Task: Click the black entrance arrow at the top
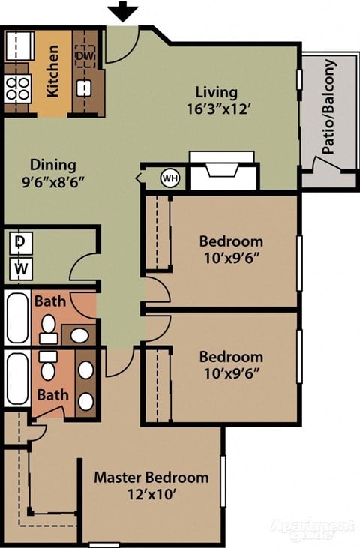pos(123,12)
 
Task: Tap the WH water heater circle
pos(170,178)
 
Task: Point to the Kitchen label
pos(53,71)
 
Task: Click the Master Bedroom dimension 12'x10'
pos(150,494)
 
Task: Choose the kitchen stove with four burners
pos(18,89)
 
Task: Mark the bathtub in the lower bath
pos(16,379)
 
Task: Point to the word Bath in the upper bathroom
pos(50,302)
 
